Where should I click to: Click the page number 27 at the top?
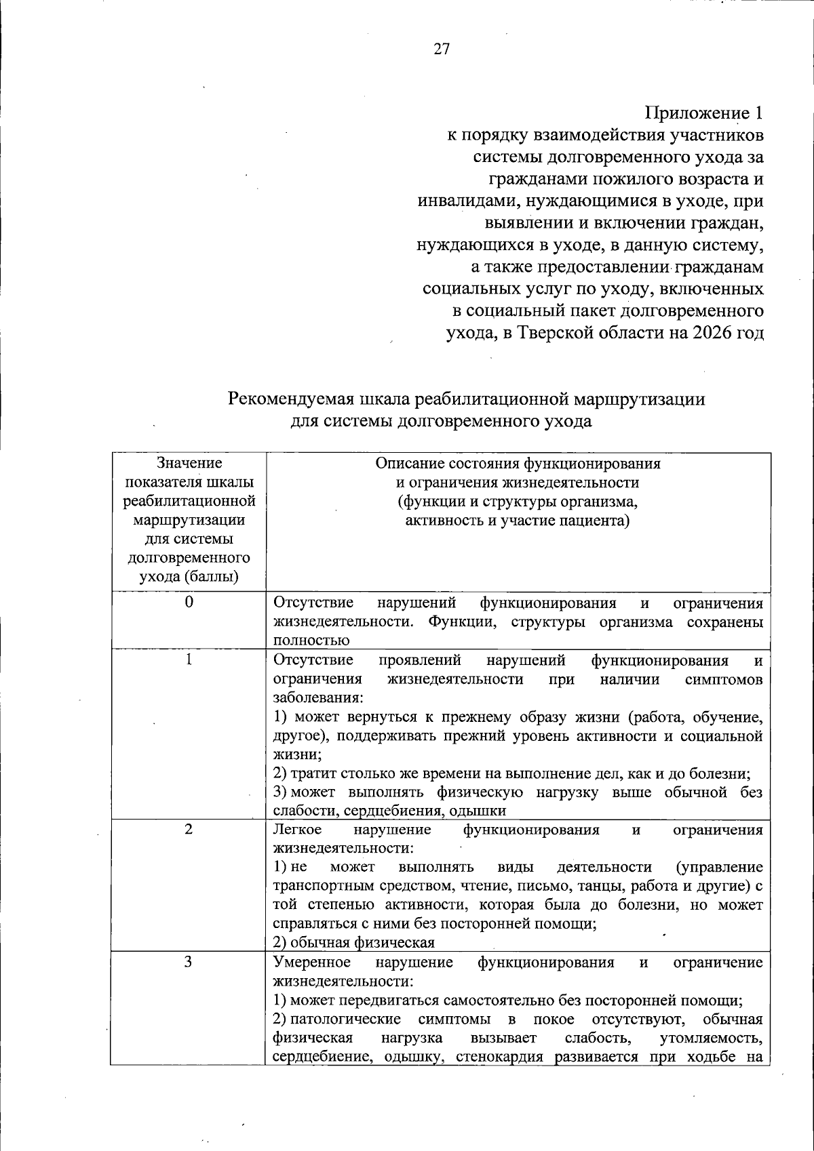[442, 49]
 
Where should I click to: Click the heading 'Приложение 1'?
[703, 113]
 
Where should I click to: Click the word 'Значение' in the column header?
[189, 463]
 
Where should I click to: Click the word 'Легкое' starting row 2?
[297, 830]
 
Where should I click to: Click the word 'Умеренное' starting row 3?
[312, 963]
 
